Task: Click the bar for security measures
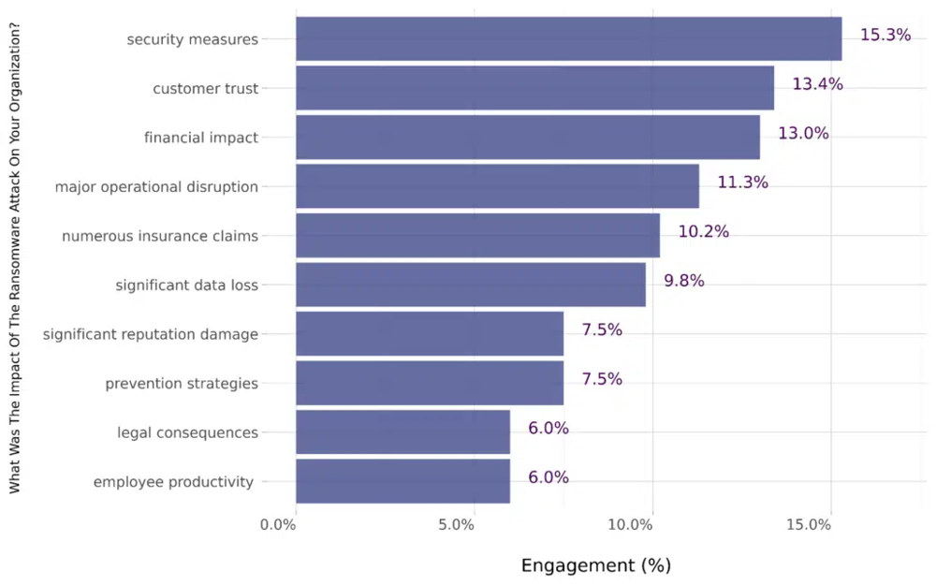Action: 568,38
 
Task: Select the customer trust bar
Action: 534,88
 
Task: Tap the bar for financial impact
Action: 527,138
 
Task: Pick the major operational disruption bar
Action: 497,186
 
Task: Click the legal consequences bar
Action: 402,432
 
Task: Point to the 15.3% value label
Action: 885,35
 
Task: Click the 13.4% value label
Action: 817,84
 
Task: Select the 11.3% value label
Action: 742,183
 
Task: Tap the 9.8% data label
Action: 683,281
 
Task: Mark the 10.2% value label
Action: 703,231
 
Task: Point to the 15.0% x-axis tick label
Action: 809,525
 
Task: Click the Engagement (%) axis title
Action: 595,565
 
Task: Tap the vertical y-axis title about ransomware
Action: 16,258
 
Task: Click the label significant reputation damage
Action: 150,334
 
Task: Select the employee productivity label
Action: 173,482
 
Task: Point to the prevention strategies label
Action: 181,384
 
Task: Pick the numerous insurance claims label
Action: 159,236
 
